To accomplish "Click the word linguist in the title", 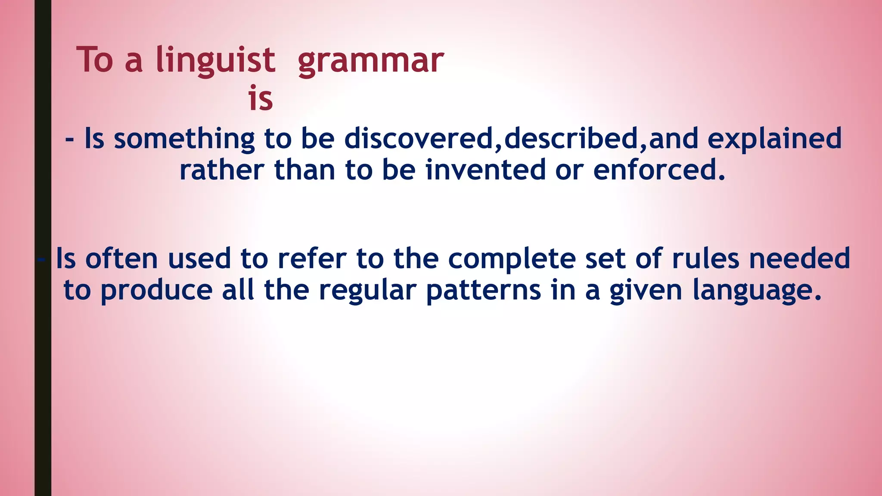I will (x=215, y=60).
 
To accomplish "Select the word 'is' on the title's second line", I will (x=261, y=99).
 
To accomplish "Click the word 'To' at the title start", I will (x=95, y=60).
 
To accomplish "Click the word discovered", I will (x=419, y=139).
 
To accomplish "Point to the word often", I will (x=122, y=259).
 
